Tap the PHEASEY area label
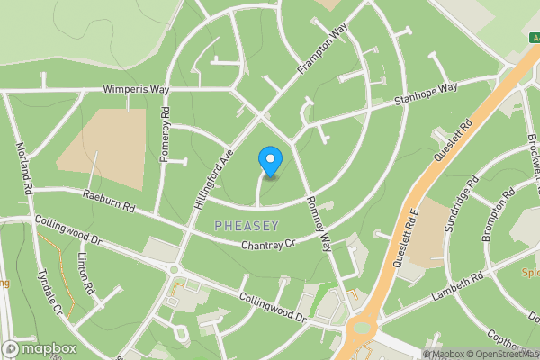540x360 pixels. pos(247,225)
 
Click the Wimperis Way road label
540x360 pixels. pos(136,91)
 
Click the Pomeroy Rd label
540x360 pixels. pos(165,135)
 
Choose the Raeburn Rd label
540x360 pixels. pos(108,200)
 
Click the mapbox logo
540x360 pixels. pos(40,348)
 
